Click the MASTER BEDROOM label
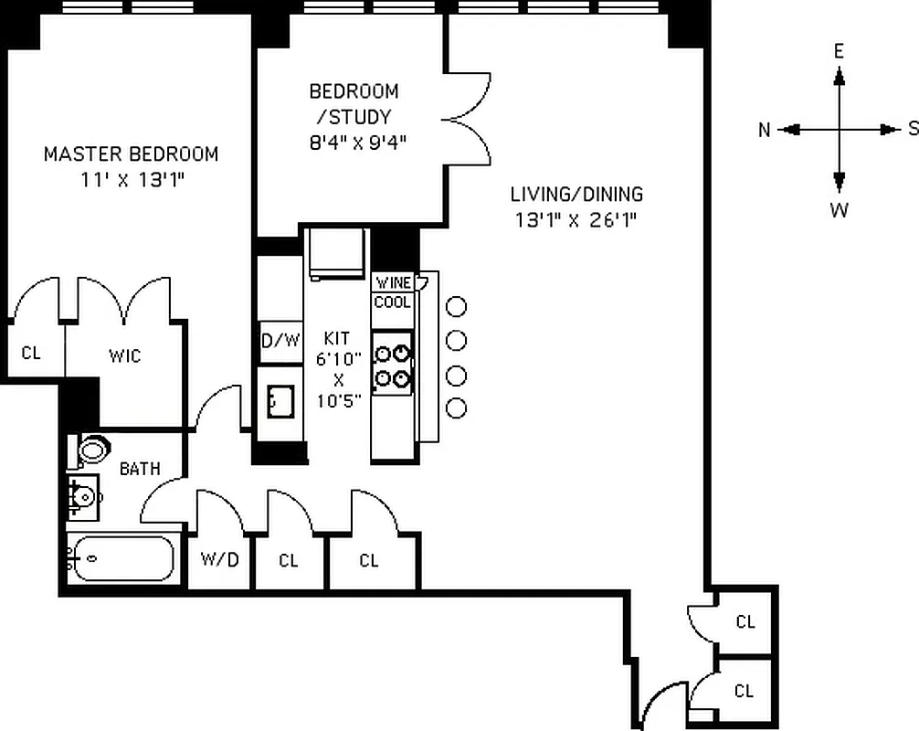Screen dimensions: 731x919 click(x=131, y=154)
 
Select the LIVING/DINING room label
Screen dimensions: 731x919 click(x=576, y=194)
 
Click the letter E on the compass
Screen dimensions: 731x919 click(x=839, y=52)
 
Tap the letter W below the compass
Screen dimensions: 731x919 click(x=839, y=210)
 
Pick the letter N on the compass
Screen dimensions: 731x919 click(x=764, y=130)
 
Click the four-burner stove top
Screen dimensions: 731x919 click(x=393, y=365)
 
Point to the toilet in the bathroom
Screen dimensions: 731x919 click(x=91, y=450)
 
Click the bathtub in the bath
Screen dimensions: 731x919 click(x=122, y=557)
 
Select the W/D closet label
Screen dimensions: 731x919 click(x=219, y=559)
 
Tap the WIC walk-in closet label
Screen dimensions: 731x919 click(x=124, y=355)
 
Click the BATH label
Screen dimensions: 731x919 click(x=140, y=469)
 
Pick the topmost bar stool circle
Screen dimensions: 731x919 click(x=456, y=307)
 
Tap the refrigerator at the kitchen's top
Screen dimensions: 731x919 click(x=336, y=252)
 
